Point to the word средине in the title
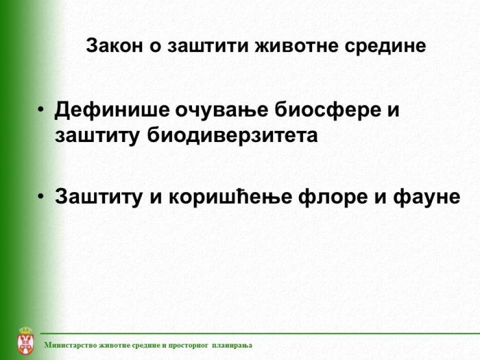tap(388, 46)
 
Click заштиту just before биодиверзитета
tap(97, 135)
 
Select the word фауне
tap(426, 197)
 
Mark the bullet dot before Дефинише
tap(42, 110)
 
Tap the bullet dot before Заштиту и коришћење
tap(42, 197)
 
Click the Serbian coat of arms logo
tap(25, 341)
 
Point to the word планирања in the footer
tap(232, 345)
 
